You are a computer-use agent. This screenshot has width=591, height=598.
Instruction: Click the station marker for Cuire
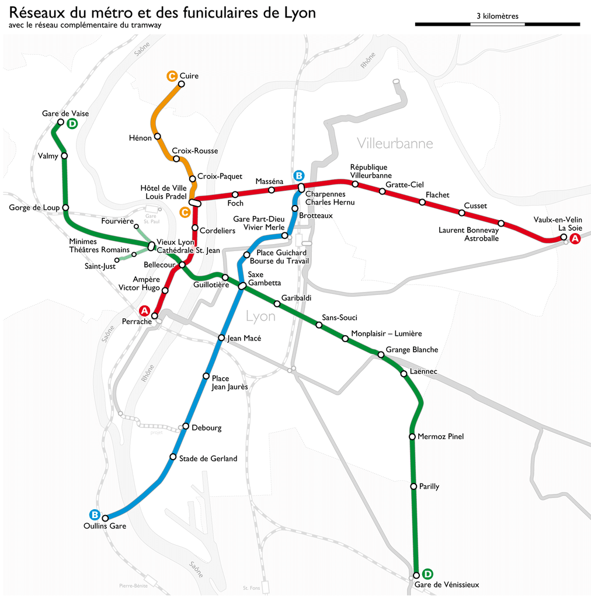[181, 84]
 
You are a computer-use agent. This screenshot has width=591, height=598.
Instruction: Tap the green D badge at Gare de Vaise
[72, 123]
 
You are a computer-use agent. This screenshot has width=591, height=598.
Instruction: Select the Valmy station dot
[64, 156]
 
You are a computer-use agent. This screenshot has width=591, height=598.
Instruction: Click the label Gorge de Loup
[34, 207]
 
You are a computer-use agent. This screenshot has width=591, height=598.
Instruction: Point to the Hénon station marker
[157, 137]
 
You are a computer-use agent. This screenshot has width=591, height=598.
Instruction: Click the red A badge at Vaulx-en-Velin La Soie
[575, 238]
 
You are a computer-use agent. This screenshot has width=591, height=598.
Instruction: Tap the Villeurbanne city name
[395, 143]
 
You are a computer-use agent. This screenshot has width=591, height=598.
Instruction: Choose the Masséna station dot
[272, 190]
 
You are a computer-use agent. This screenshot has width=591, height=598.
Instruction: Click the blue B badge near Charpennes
[298, 175]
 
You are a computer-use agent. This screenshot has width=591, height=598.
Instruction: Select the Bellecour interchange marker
[182, 265]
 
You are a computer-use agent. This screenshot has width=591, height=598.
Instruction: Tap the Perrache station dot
[155, 316]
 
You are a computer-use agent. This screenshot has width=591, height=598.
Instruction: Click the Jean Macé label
[244, 338]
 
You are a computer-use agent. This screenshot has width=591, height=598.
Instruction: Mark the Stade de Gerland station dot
[173, 457]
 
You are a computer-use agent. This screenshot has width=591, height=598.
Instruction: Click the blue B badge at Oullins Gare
[94, 514]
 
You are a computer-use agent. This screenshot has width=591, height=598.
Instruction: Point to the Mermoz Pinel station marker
[412, 437]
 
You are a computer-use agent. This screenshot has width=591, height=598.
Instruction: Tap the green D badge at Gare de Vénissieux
[427, 573]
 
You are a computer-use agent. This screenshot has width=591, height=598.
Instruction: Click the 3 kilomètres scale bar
[497, 24]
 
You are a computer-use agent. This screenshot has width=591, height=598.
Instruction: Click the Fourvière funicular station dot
[136, 227]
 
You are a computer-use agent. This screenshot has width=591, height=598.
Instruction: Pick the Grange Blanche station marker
[381, 354]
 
